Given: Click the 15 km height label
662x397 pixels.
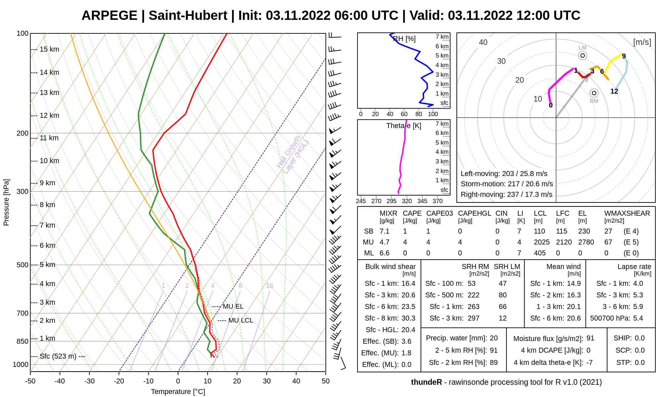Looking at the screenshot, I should [x=49, y=49].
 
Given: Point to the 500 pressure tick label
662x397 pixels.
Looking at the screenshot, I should [x=23, y=265].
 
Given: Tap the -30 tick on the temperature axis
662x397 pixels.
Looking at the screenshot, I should [x=89, y=381].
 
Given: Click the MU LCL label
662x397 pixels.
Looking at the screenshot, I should [x=241, y=321].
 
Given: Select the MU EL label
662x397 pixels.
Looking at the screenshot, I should [x=233, y=307].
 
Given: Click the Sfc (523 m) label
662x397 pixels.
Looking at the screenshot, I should [x=58, y=356].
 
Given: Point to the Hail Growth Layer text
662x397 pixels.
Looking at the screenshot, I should [x=293, y=155].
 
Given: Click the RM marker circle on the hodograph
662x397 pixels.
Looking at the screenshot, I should [x=594, y=93].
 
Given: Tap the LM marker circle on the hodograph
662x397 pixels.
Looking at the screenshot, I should [x=583, y=56].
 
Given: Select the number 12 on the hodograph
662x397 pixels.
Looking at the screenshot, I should [x=614, y=91].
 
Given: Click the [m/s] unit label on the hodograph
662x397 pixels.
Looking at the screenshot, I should [x=642, y=42].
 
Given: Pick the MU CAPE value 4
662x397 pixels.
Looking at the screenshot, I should [x=405, y=242].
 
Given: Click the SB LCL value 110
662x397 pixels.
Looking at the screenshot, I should [x=540, y=231].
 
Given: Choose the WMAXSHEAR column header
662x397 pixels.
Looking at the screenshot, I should [x=627, y=213].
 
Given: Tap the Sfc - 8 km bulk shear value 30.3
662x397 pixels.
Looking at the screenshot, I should [x=408, y=318].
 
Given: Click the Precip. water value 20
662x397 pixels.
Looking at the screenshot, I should [x=494, y=338].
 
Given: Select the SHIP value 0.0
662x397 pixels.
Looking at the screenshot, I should [x=640, y=338].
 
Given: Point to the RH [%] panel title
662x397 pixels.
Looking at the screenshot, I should [x=404, y=39].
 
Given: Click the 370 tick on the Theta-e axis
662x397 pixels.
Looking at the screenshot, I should [x=438, y=201].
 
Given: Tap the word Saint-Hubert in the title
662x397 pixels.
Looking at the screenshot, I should [x=188, y=16].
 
